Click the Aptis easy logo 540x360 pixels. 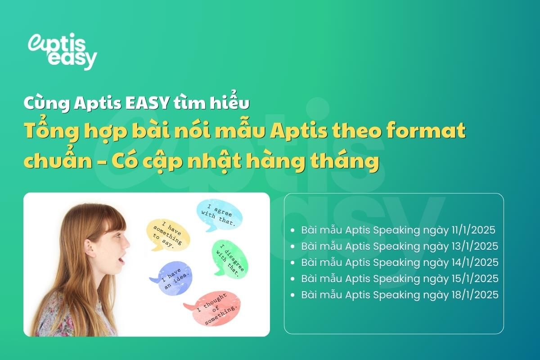click(62, 50)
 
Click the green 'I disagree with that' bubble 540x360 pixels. click(229, 258)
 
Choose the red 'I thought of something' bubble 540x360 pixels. click(214, 309)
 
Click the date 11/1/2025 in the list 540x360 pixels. click(472, 230)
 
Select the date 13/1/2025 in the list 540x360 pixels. click(475, 247)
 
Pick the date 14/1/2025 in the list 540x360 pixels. click(475, 263)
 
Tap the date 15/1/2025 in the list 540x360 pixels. click(475, 279)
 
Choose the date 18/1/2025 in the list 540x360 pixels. click(475, 295)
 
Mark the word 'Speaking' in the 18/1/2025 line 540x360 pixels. click(396, 295)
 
